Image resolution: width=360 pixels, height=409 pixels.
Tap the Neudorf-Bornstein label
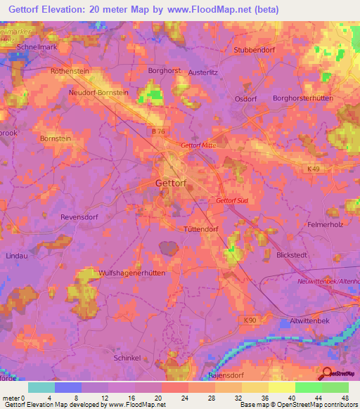pos(98,92)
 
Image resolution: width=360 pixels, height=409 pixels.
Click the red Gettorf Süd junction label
pos(233,201)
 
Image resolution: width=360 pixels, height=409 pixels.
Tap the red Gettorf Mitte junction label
pos(198,145)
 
